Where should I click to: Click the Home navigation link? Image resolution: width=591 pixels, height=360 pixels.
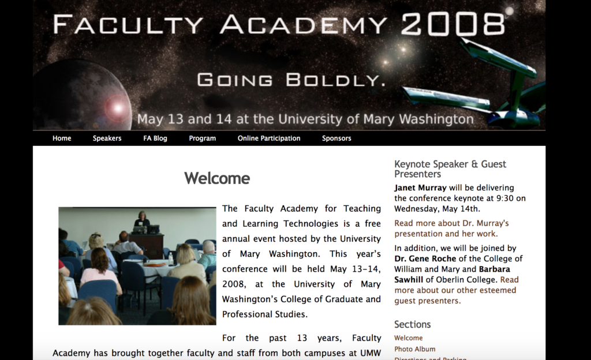coord(62,138)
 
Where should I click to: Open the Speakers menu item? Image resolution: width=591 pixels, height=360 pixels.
coord(107,138)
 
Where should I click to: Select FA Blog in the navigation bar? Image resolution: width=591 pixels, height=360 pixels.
coord(155,138)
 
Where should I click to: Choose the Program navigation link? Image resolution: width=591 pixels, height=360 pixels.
coord(203,138)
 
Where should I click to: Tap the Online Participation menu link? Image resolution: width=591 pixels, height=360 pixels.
coord(269,138)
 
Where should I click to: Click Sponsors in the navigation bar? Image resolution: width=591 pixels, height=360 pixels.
coord(336,138)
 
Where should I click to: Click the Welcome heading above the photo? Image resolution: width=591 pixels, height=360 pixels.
coord(217,178)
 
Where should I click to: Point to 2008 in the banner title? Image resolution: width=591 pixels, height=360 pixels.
coord(452,24)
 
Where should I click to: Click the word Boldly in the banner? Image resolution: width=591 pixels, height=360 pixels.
coord(335,80)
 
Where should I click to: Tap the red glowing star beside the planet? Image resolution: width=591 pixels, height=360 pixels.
coord(117,108)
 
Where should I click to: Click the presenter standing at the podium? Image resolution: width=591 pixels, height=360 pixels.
coord(142,219)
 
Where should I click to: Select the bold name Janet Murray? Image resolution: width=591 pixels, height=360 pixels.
coord(420,187)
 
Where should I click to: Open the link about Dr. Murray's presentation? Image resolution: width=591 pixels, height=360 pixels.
coord(451,228)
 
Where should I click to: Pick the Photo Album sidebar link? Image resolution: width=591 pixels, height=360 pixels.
coord(414,349)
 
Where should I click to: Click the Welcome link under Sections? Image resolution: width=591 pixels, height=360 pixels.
coord(408,337)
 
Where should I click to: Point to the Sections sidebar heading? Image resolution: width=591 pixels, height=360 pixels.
coord(412,324)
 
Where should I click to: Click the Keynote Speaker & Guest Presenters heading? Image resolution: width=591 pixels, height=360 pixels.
coord(450,168)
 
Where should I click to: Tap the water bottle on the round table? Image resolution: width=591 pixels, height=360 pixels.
coord(171,258)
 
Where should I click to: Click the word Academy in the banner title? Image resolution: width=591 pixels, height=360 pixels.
coord(304,24)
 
